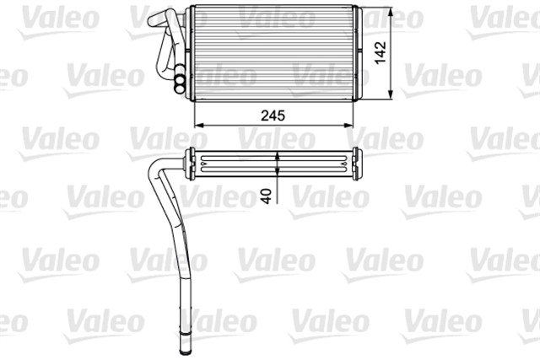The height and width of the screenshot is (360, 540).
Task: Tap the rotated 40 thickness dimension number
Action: tap(267, 196)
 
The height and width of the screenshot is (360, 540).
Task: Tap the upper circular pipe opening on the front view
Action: tap(180, 73)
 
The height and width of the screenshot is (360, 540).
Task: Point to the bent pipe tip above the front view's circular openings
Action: tap(152, 18)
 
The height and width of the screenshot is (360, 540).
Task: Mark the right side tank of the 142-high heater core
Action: tap(359, 52)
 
